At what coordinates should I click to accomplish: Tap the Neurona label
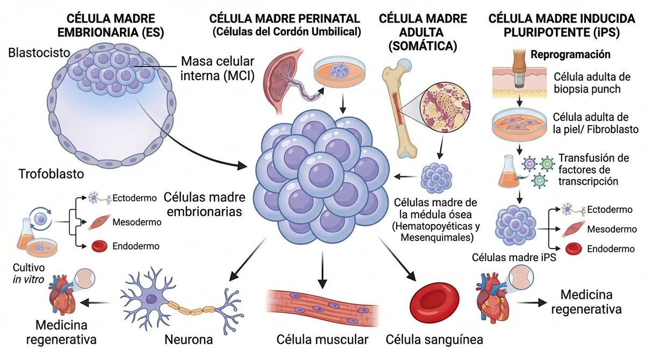(189, 340)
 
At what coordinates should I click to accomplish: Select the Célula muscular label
(322, 340)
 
